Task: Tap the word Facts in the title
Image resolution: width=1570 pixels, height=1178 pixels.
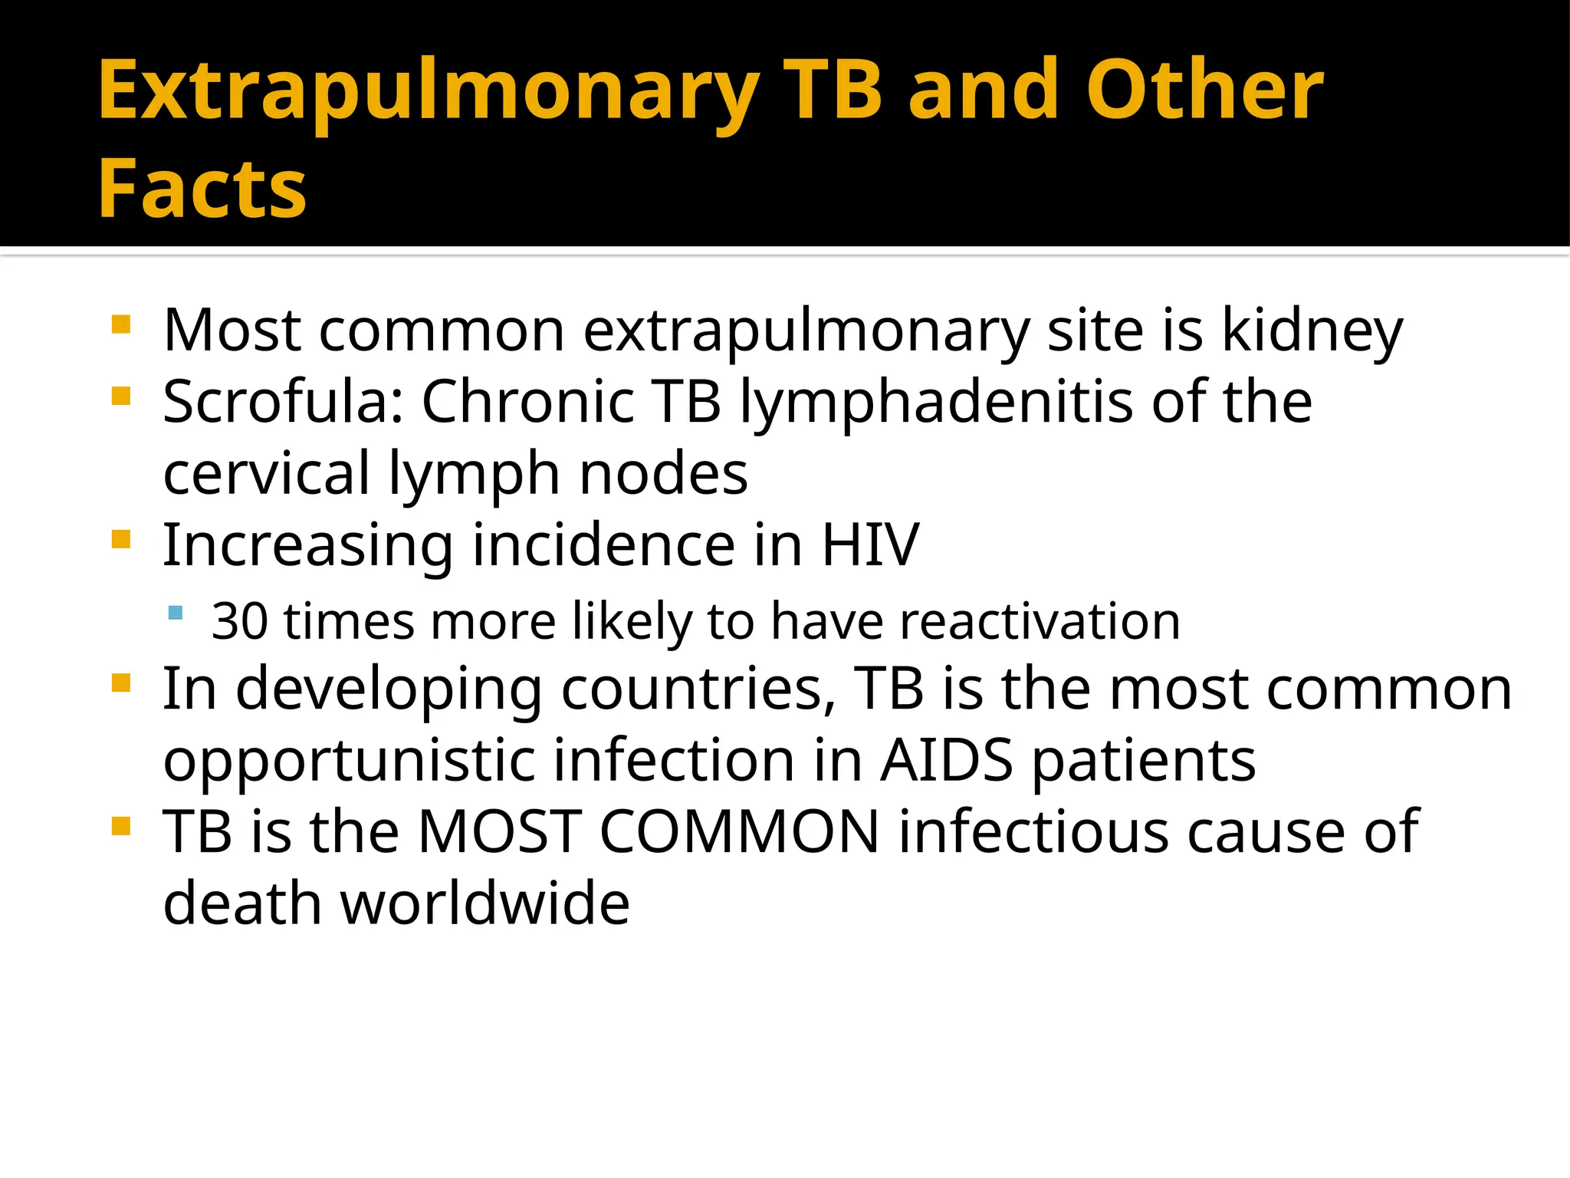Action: click(202, 189)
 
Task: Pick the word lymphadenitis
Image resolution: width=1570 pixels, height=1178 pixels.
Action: click(936, 402)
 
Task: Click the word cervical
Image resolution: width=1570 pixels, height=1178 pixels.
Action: click(267, 473)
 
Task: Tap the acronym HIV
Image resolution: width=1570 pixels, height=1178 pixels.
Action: click(870, 545)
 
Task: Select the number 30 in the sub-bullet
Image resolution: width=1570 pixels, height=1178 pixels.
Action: click(239, 621)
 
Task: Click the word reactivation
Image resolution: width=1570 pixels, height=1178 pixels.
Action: click(1040, 621)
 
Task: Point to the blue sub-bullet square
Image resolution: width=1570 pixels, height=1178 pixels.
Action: click(176, 613)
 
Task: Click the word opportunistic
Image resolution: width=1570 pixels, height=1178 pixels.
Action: click(350, 761)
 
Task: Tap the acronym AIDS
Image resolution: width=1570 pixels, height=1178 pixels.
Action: click(947, 761)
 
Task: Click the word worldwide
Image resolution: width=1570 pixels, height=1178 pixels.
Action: click(484, 903)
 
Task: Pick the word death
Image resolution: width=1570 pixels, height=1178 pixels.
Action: click(242, 903)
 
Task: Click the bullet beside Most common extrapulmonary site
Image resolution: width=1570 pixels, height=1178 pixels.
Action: click(121, 324)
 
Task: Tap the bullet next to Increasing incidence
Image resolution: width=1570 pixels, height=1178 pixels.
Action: click(121, 539)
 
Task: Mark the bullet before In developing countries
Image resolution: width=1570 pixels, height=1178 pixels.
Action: click(121, 683)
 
